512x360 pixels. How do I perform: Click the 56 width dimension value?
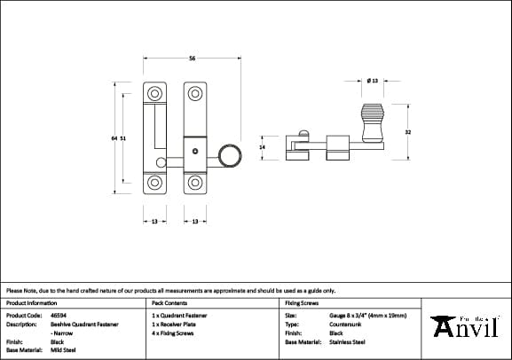tap(192, 59)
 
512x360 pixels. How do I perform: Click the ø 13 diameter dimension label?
tap(373, 82)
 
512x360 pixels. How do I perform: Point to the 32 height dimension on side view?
tap(407, 133)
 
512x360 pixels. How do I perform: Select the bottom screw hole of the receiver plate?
tap(154, 184)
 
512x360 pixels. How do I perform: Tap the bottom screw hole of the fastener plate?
tap(193, 184)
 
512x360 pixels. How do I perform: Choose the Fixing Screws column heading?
tap(301, 302)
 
